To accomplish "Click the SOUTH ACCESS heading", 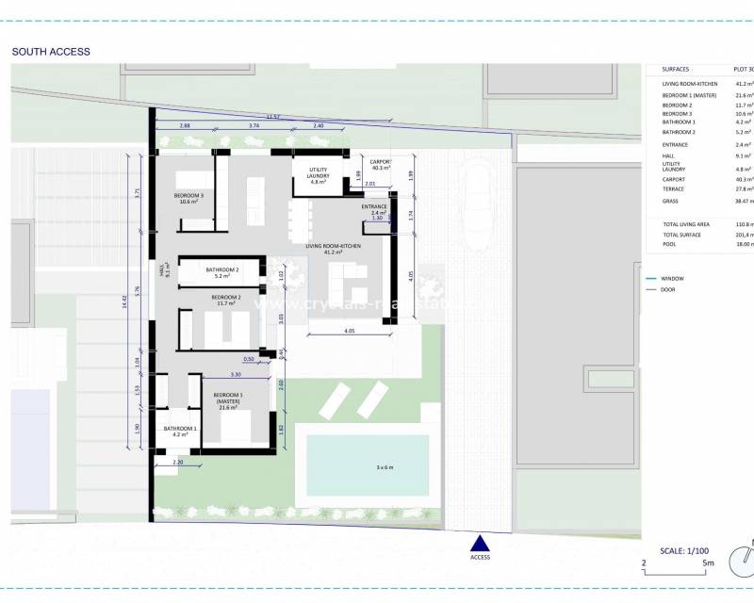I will point(51,52).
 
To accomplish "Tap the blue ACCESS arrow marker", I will point(481,544).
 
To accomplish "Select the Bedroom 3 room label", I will point(188,198).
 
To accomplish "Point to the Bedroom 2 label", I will point(226,300).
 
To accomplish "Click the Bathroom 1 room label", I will point(180,432).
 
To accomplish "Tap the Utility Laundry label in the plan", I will point(318,174).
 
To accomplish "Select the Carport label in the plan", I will point(380,165).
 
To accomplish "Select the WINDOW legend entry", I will point(673,279).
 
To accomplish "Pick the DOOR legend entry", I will point(669,289).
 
